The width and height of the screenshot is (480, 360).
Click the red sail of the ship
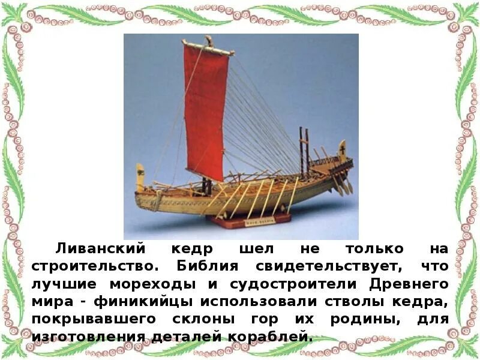point(206,111)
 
